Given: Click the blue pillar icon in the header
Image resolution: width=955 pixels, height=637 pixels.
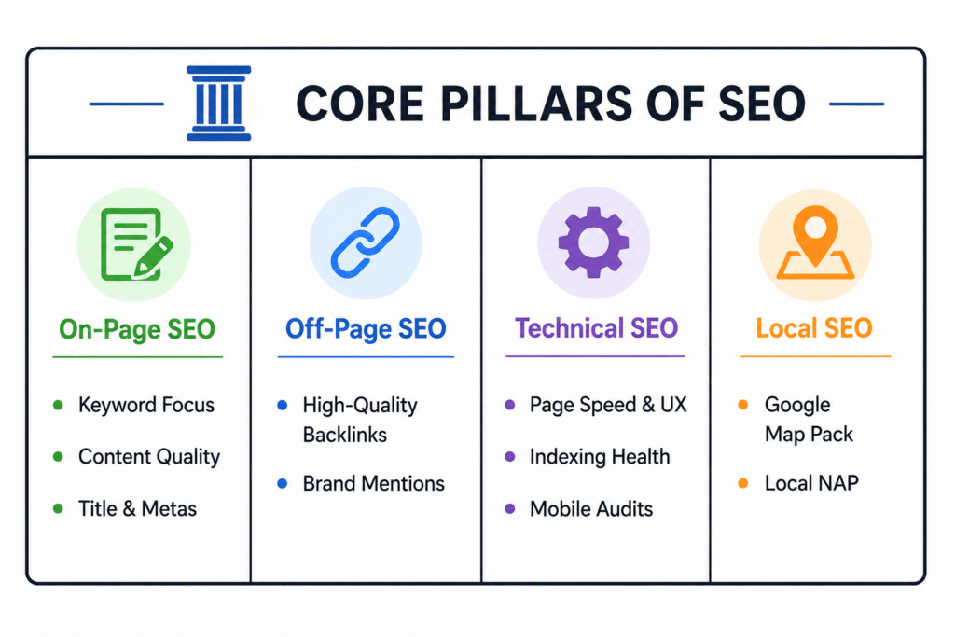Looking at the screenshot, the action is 218,104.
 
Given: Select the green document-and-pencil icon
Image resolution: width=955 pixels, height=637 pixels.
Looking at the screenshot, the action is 136,244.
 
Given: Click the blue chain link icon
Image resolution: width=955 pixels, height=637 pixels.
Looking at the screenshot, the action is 366,242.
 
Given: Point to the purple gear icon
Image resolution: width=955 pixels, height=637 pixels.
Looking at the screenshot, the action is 593,242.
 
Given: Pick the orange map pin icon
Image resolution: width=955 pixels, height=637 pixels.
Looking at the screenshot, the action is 815,242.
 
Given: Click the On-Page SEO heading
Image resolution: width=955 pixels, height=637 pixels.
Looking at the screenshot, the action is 137,329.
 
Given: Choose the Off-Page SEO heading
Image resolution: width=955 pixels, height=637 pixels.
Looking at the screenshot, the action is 366,329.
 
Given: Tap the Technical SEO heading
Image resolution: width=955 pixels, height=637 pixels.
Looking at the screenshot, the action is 596,328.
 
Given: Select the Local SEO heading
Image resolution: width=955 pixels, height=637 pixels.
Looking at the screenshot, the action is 814,328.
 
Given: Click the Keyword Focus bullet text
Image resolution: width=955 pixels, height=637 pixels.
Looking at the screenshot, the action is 146,405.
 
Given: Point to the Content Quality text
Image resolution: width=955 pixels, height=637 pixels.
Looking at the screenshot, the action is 149,457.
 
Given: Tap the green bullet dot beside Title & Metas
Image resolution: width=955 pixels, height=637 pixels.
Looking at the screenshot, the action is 58,508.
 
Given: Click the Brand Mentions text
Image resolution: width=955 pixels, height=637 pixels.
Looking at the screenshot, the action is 373,483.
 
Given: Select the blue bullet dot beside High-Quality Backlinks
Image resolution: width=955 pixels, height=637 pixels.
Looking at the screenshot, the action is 282,405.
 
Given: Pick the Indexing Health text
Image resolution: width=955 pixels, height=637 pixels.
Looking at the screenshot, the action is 600,457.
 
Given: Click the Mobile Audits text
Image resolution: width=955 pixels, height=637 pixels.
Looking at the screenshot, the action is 590,508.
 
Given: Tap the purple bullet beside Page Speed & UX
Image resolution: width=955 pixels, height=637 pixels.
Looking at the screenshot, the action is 510,405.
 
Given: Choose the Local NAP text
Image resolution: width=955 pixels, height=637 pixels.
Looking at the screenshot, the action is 811,483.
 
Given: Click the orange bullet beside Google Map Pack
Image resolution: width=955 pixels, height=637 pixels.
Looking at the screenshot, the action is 743,405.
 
